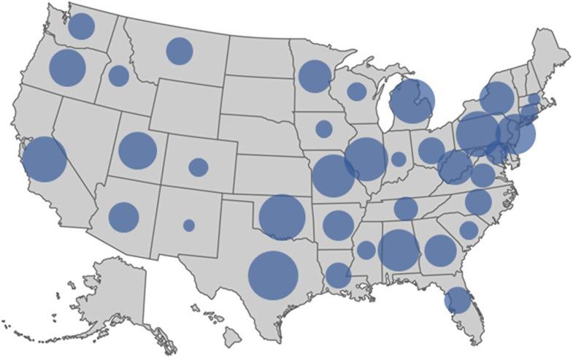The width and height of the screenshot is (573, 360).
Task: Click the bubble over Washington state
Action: tap(82, 26)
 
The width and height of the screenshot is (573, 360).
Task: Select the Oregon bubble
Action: tap(68, 68)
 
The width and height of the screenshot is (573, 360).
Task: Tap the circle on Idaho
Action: tap(119, 76)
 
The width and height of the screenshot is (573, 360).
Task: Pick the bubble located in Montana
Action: tap(180, 51)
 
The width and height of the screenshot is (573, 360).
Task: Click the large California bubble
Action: tap(45, 159)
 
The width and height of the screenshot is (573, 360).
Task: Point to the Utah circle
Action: tap(138, 150)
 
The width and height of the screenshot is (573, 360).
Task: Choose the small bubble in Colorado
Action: tap(199, 167)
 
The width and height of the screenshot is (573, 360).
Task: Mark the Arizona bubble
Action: tap(124, 216)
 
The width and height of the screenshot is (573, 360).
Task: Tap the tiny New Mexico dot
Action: tap(189, 226)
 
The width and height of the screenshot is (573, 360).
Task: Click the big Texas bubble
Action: tap(274, 276)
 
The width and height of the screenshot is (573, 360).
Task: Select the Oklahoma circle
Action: tap(282, 217)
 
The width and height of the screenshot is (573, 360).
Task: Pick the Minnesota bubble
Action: tap(315, 77)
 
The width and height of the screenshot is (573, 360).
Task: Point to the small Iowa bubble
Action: tap(324, 129)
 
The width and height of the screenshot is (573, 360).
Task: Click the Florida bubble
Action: tap(458, 300)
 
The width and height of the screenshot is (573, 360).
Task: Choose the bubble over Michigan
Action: tap(412, 102)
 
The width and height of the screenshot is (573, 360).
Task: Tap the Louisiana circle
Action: tap(338, 275)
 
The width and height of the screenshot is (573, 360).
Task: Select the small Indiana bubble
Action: tap(399, 159)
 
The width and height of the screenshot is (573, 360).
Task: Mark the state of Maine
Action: tap(551, 55)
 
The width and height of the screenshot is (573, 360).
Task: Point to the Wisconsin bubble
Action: tap(357, 91)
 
